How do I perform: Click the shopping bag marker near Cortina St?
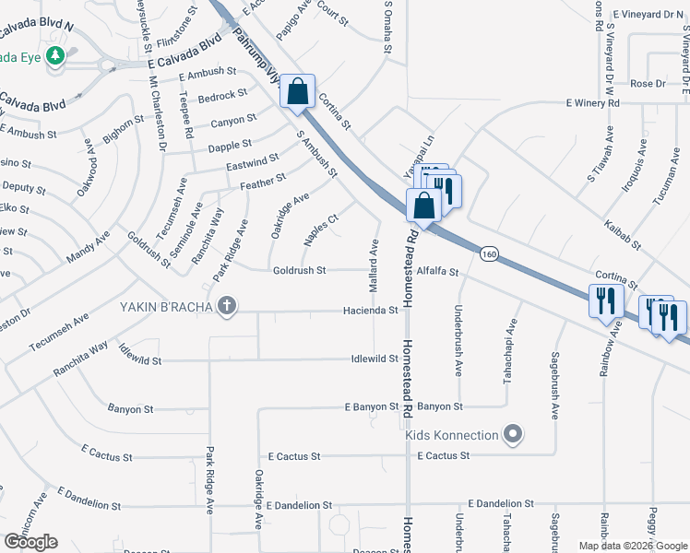click(297, 91)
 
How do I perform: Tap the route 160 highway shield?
click(489, 253)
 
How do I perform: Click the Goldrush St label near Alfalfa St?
click(300, 270)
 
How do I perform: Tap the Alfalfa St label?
click(437, 272)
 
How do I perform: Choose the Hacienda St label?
click(370, 311)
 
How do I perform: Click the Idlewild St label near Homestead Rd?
click(374, 359)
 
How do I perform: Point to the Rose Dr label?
click(648, 84)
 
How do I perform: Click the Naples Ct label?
click(322, 230)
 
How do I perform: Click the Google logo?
click(30, 542)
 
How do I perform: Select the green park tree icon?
click(56, 56)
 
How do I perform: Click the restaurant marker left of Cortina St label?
click(605, 301)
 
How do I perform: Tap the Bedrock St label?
click(222, 94)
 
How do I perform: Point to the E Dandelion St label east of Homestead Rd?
click(501, 503)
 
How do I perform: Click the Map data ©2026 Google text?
click(632, 546)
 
